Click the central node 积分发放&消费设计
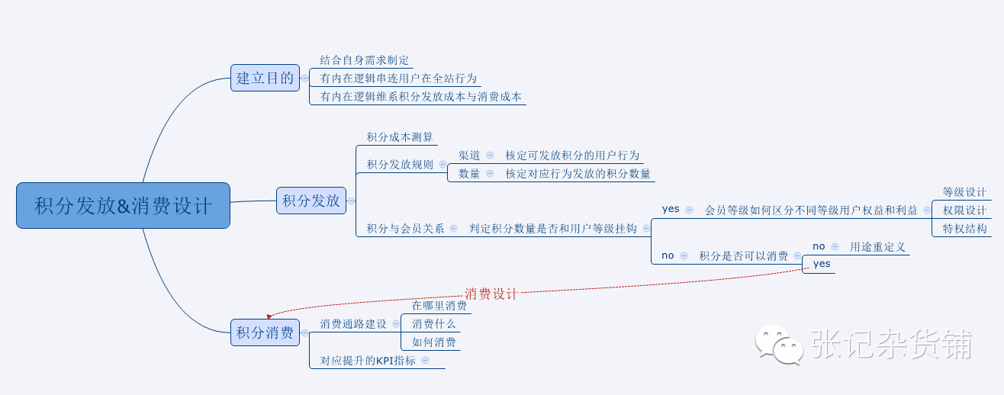click(x=123, y=206)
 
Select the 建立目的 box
click(x=265, y=78)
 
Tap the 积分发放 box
click(x=311, y=201)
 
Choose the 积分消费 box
click(x=265, y=332)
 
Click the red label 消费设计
click(x=491, y=294)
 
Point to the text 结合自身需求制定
click(x=365, y=60)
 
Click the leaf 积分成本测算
click(x=400, y=137)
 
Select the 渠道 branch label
click(x=469, y=155)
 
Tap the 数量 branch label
click(x=469, y=173)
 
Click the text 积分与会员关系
click(x=405, y=228)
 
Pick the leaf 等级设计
click(x=964, y=192)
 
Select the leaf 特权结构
click(x=964, y=228)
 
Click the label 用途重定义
click(x=878, y=246)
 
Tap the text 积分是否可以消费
click(x=744, y=255)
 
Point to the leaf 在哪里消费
click(x=439, y=306)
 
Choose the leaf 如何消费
click(x=434, y=342)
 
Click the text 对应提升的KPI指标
click(x=368, y=361)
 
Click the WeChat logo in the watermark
click(x=778, y=345)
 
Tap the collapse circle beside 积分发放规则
click(x=442, y=164)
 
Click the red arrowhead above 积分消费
click(x=269, y=315)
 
